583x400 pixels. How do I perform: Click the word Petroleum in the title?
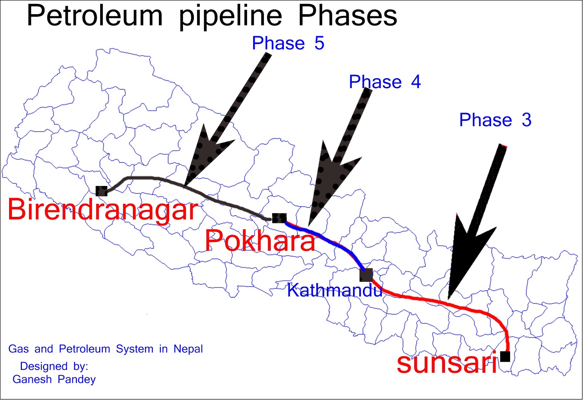pos(95,16)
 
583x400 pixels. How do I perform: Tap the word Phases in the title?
pos(348,16)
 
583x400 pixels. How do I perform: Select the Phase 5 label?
pos(288,43)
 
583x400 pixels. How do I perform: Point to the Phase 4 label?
pos(385,82)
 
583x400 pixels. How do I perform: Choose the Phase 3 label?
pos(495,120)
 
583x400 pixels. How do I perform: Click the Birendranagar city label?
pos(103,210)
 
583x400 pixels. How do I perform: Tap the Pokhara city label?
pos(260,241)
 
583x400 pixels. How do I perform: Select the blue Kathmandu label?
pos(334,290)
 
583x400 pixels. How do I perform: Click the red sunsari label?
pos(447,363)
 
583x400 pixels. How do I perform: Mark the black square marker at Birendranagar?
pos(101,191)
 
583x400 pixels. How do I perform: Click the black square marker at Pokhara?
pos(279,218)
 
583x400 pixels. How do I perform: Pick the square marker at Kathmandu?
pos(366,275)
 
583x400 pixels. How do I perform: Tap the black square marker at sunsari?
pos(505,356)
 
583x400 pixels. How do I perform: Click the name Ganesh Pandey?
pos(54,380)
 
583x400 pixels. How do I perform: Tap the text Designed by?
pos(54,366)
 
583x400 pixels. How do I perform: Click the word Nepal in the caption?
pos(188,349)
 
